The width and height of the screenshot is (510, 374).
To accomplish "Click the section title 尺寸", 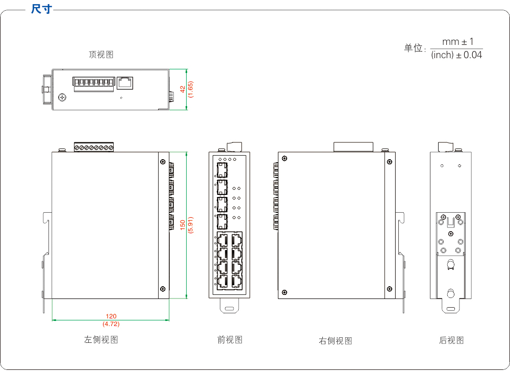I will click(41, 9).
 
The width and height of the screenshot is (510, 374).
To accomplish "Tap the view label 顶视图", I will click(101, 55).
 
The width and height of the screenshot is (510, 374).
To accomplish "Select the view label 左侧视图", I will click(101, 340).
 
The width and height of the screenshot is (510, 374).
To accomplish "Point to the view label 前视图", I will click(229, 340).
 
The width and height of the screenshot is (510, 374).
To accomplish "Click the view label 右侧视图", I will click(335, 341).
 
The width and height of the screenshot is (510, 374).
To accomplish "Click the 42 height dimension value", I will click(182, 89).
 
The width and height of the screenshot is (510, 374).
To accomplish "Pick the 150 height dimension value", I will click(182, 225).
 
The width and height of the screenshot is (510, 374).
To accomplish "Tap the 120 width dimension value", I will click(111, 317).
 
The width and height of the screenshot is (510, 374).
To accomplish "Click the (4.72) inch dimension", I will click(111, 324).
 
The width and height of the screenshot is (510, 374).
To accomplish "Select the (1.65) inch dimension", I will click(191, 89).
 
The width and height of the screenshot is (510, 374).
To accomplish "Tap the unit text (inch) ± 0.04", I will click(456, 55).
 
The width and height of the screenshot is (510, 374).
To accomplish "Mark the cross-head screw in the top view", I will click(63, 97).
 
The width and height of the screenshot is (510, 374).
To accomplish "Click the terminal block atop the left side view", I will click(93, 147).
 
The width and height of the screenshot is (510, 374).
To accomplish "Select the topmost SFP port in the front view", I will click(222, 170).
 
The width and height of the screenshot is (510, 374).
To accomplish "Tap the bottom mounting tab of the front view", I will click(229, 306).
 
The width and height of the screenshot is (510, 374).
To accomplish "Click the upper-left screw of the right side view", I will click(284, 158).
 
